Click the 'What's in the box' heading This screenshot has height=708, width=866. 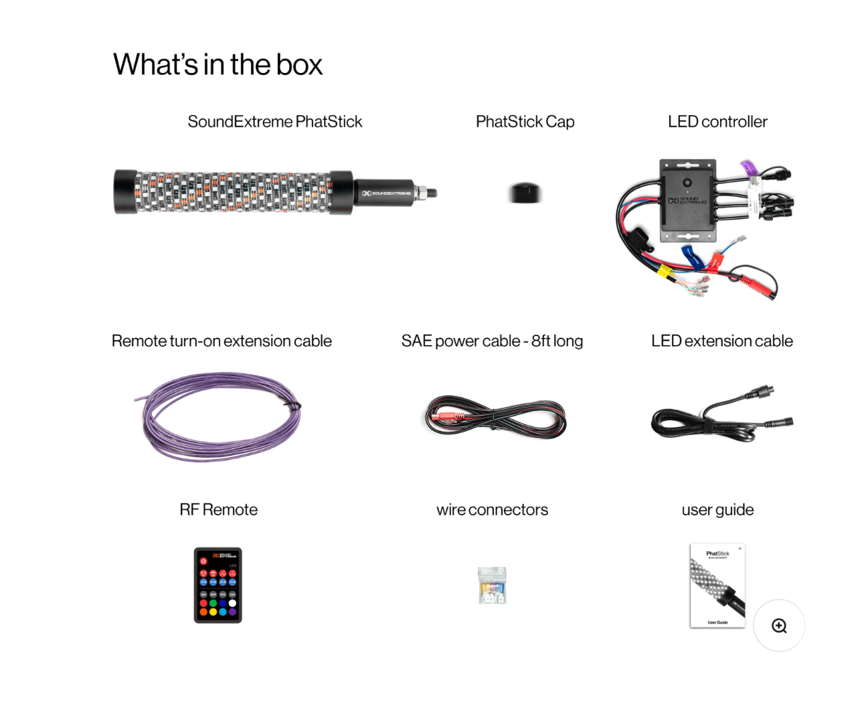pyautogui.click(x=218, y=65)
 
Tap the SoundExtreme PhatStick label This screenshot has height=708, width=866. pyautogui.click(x=274, y=122)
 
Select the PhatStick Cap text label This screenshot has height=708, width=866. pyautogui.click(x=525, y=122)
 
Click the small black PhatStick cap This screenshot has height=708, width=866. pyautogui.click(x=524, y=193)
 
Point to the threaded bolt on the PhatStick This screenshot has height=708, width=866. pyautogui.click(x=426, y=193)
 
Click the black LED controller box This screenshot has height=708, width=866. pyautogui.click(x=687, y=200)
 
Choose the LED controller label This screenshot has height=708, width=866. pyautogui.click(x=717, y=122)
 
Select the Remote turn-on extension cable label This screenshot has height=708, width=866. pyautogui.click(x=222, y=341)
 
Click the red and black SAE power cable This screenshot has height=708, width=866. pyautogui.click(x=495, y=417)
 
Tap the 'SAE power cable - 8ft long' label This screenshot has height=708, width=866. pyautogui.click(x=492, y=341)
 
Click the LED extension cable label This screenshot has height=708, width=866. pyautogui.click(x=721, y=341)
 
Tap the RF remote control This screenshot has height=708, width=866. pyautogui.click(x=218, y=585)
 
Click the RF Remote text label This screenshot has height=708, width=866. pyautogui.click(x=218, y=510)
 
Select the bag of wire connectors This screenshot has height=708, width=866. pyautogui.click(x=492, y=586)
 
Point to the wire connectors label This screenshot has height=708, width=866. pyautogui.click(x=492, y=510)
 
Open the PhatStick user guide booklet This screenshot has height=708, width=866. pyautogui.click(x=717, y=586)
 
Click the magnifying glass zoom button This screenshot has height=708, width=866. pyautogui.click(x=779, y=626)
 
